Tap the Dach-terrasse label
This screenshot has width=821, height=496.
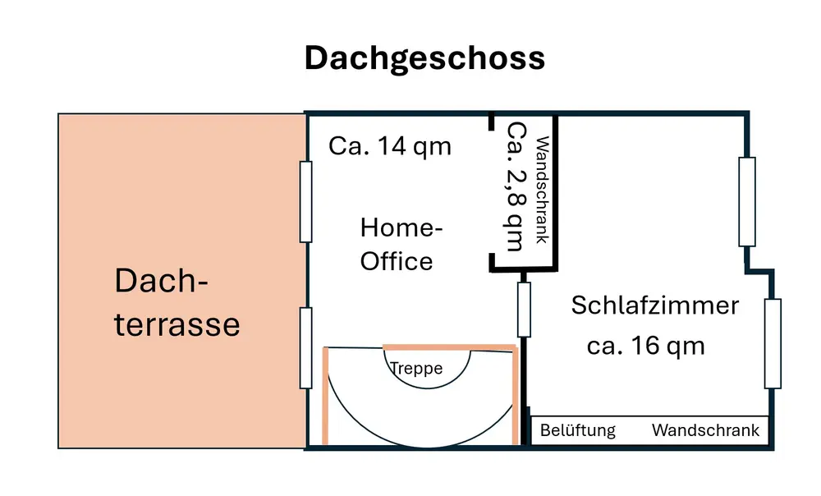177,302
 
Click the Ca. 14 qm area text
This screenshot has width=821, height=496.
390,146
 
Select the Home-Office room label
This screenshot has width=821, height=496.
397,244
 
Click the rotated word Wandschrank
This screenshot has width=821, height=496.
541,191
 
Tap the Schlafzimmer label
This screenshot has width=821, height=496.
654,305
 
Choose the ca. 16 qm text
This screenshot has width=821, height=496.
646,345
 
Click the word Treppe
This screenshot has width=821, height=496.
416,369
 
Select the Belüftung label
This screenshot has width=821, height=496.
578,430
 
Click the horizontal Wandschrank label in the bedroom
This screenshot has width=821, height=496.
706,430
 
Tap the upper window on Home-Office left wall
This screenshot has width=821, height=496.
305,201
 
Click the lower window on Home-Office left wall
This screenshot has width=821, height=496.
305,347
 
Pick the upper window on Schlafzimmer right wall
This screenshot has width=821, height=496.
746,201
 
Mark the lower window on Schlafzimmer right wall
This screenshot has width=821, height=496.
772,343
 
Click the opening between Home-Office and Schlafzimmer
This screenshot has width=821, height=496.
523,309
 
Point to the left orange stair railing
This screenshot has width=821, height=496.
326,397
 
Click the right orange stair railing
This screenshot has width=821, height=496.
516,397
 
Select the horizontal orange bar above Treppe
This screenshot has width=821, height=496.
450,347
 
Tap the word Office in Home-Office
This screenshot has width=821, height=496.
397,261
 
